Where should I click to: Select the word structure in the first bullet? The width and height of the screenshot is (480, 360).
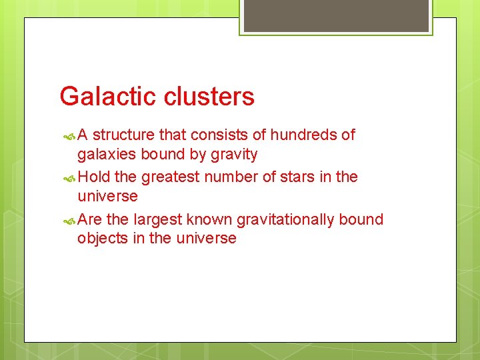coord(125,135)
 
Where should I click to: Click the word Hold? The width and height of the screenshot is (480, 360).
coord(94,177)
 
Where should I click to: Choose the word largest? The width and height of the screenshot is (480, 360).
coord(158,219)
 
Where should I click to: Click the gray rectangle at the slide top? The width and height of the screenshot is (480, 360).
coord(335,15)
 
